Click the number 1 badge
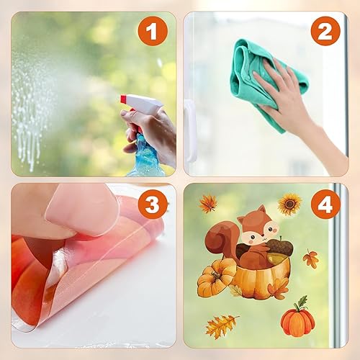click(153, 31)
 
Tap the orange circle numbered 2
click(325, 31)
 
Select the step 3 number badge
click(153, 204)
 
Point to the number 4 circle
click(325, 204)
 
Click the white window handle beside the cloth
click(190, 130)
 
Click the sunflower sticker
click(289, 204)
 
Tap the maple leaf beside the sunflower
click(208, 204)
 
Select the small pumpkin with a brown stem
click(216, 279)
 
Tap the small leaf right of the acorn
click(310, 258)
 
